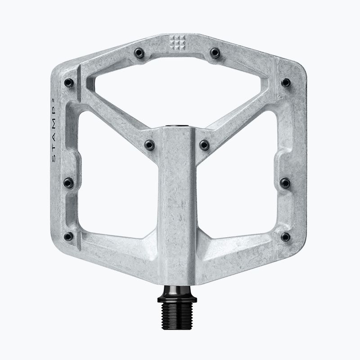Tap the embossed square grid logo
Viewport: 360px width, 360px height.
coord(177,43)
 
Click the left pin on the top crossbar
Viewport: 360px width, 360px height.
coord(139,53)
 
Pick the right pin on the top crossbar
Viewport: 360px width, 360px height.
coord(215,53)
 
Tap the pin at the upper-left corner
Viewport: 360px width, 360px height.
coord(69,83)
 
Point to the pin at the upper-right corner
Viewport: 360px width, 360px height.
coord(286,82)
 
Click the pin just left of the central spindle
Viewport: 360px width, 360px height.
coord(149,145)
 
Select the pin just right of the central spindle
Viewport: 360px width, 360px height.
coord(204,145)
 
